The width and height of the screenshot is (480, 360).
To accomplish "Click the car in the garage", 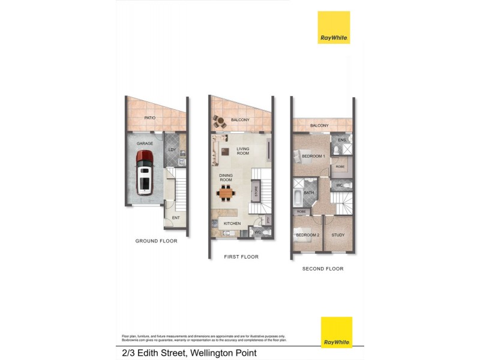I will pos(145,172).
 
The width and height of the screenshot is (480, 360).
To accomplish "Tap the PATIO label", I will pos(150,118).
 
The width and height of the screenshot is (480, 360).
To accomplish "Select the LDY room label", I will pos(172,149).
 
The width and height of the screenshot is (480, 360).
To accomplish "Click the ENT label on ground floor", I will pos(176,218).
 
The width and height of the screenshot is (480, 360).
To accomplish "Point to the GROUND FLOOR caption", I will pos(156,241).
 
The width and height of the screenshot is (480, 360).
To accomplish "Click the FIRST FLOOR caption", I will pos(241,257).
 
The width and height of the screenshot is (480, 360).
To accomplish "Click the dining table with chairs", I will pos(226,193).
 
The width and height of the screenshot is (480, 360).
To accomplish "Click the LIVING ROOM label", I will pos(243,151).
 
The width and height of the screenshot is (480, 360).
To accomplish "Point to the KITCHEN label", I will pos(232,224).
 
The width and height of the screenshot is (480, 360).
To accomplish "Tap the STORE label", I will pos(256,193).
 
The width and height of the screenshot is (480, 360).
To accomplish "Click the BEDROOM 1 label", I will pos(313,156).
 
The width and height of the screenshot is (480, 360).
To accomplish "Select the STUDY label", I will pos(338,235).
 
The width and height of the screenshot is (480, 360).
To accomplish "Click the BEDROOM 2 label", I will pos(308,235).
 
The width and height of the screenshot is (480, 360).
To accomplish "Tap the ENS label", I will pos(342,140).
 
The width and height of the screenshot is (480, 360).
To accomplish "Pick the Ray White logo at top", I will pos(334,28).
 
